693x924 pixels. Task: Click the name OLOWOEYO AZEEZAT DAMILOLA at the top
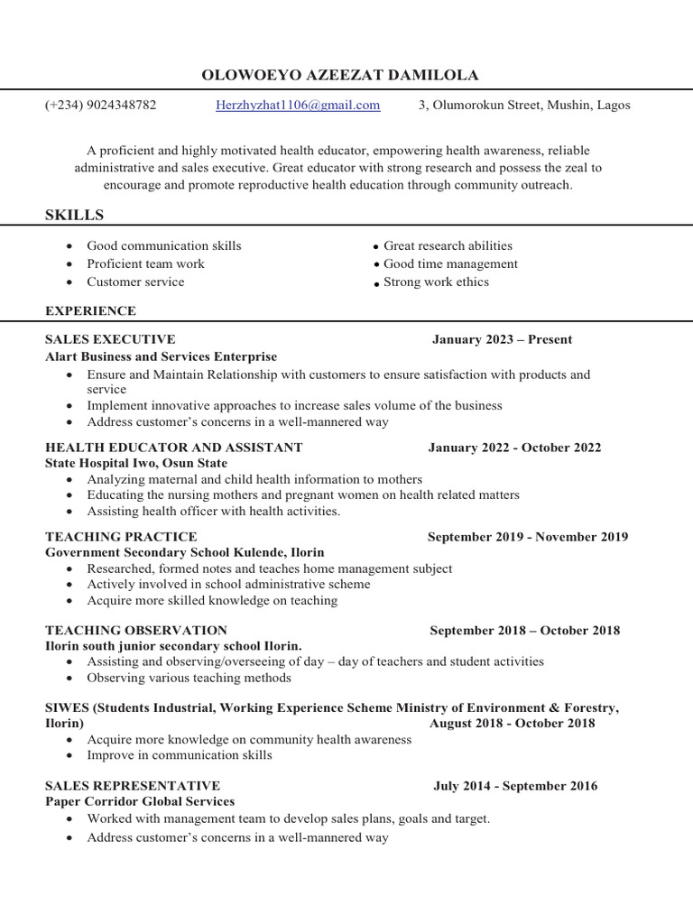tap(340, 75)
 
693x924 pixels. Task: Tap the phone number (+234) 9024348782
tap(100, 105)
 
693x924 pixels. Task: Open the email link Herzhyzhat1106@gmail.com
tap(298, 105)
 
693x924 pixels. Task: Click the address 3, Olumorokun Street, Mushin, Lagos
tap(524, 105)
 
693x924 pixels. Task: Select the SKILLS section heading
tap(74, 215)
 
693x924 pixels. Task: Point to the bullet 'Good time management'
tap(450, 263)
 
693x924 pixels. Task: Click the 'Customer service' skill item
tap(135, 282)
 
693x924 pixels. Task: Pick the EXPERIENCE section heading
tap(90, 310)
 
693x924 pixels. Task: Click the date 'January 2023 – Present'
tap(502, 339)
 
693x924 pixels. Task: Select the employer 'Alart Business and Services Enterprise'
tap(161, 356)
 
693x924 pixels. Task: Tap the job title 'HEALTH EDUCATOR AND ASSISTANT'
tap(173, 447)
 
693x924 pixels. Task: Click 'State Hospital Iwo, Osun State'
tap(136, 463)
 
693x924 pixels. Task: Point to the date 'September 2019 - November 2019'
tap(528, 536)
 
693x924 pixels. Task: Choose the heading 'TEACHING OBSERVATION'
tap(135, 630)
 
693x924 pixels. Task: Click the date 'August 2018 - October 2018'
tap(512, 723)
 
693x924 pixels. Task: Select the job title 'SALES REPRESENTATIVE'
tap(132, 786)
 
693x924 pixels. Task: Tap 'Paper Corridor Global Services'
tap(140, 801)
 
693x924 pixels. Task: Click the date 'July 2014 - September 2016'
tap(515, 786)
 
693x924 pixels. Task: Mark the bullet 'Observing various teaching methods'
tap(189, 678)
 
